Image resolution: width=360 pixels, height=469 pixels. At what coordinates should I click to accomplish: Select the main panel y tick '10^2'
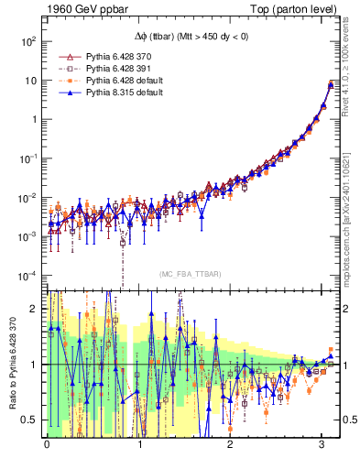(27, 41)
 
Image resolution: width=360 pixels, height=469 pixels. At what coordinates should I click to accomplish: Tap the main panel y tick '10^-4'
(27, 276)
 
